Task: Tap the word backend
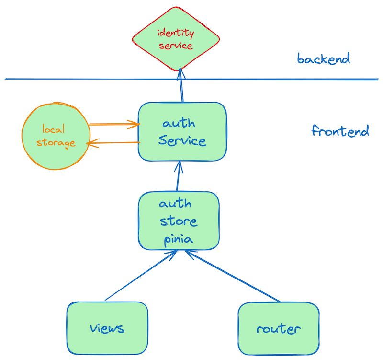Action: coord(324,59)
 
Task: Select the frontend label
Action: coord(340,131)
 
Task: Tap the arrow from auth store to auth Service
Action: coord(179,176)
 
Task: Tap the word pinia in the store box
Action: coord(179,238)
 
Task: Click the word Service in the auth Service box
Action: coord(182,141)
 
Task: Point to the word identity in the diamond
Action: coord(176,34)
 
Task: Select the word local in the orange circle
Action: coord(53,129)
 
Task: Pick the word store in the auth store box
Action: coord(179,221)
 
